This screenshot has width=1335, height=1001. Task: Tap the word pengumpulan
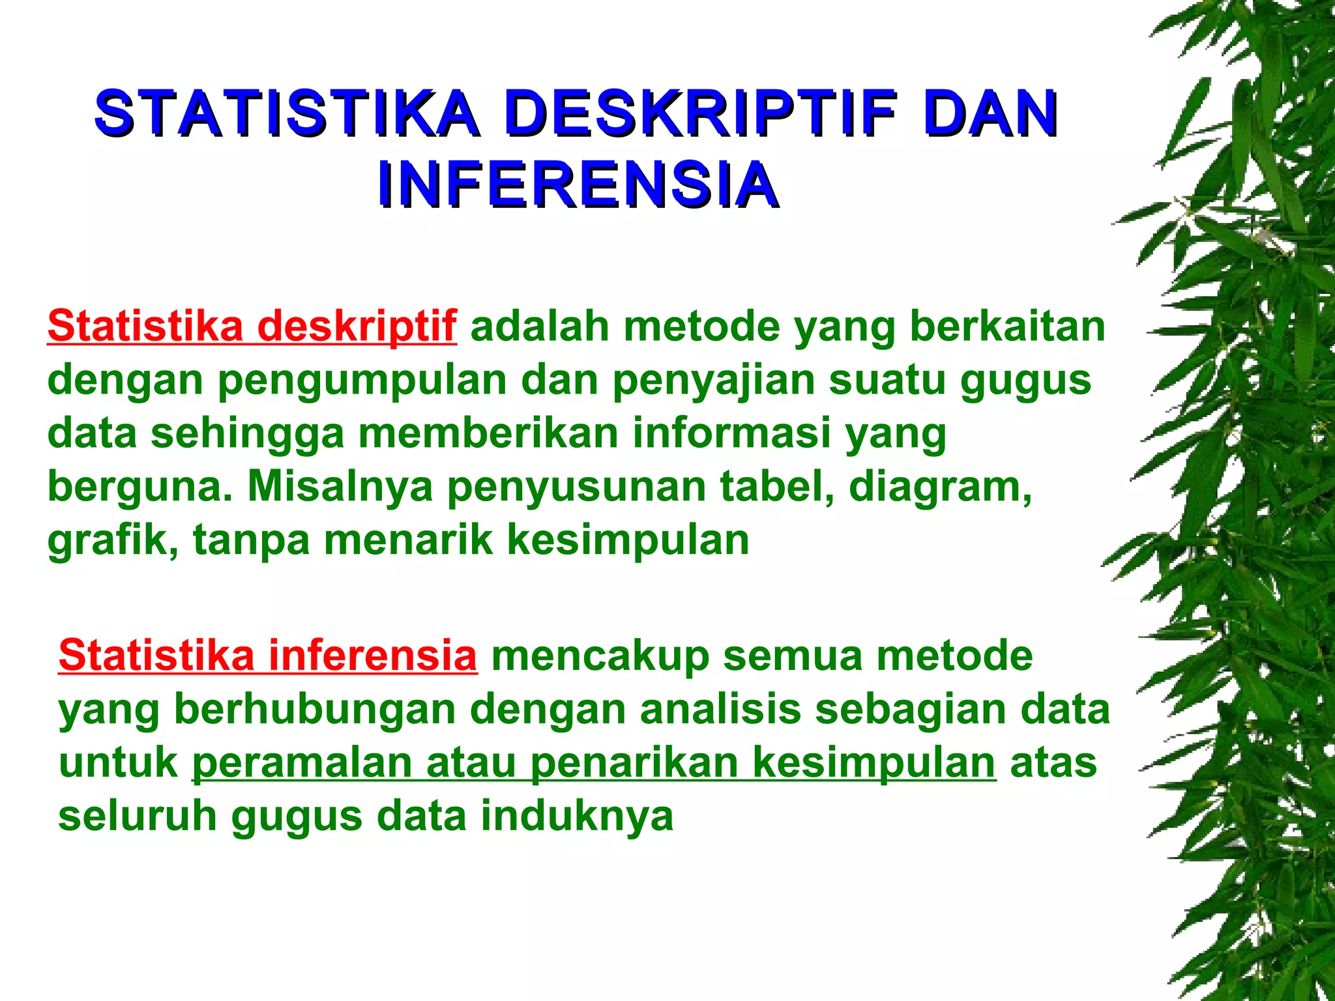362,380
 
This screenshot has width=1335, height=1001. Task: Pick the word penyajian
713,380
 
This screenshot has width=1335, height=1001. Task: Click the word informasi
731,433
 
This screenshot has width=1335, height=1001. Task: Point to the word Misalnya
340,486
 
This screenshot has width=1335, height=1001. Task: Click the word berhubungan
315,709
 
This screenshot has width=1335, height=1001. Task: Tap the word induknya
577,816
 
